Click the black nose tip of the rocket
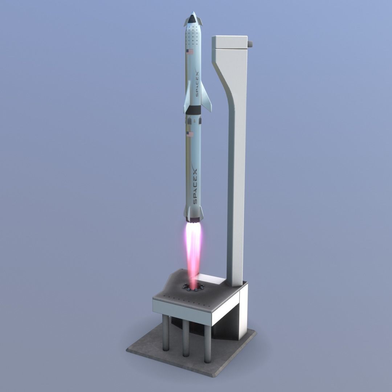(x=192, y=15)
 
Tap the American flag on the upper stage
(x=190, y=52)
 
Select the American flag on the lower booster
(x=190, y=134)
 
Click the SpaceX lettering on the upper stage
(x=196, y=83)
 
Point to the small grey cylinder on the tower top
(x=250, y=44)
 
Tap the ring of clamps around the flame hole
(x=192, y=287)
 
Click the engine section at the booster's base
(x=193, y=219)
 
